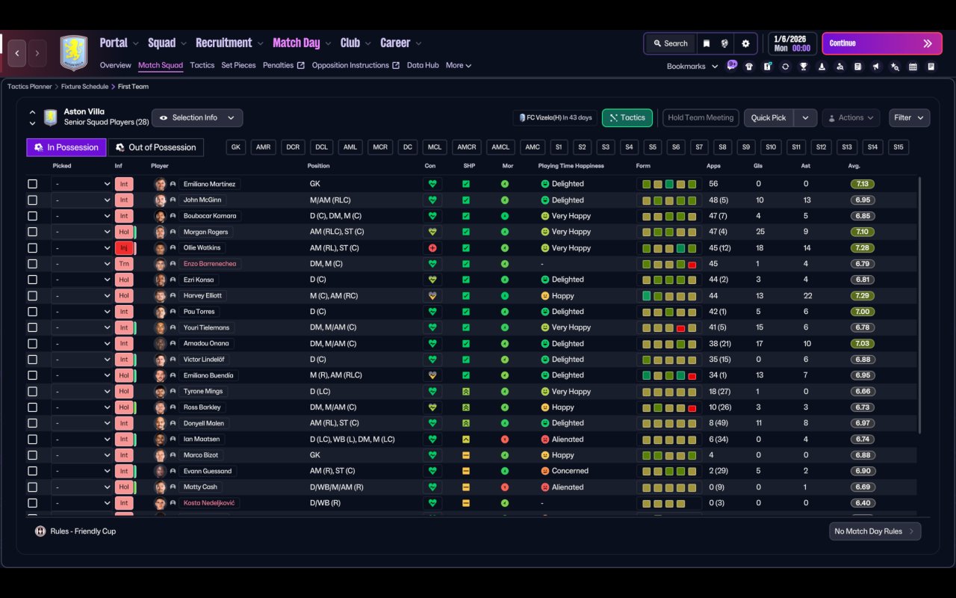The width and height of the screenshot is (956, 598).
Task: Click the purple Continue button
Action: point(882,43)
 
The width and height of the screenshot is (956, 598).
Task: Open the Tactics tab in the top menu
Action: point(202,65)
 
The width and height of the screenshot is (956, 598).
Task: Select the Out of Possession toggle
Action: point(156,147)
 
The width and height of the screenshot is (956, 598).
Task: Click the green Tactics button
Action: point(627,118)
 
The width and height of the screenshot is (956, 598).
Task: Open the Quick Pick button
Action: point(769,118)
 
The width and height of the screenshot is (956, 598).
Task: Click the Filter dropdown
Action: point(909,118)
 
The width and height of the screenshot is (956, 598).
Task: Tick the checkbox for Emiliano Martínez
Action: point(32,184)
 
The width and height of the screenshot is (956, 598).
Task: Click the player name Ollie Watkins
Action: point(202,247)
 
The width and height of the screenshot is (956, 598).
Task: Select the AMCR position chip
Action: point(467,147)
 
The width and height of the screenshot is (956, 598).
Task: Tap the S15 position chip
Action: point(898,147)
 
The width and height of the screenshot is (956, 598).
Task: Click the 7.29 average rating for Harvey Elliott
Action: point(862,295)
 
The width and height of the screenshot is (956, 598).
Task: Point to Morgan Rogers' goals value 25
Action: point(760,232)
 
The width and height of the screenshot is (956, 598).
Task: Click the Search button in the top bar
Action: point(671,43)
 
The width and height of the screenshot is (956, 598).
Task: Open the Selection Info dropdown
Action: point(197,118)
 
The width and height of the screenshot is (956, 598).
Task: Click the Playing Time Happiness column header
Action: point(571,166)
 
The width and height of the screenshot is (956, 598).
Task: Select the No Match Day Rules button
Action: point(875,531)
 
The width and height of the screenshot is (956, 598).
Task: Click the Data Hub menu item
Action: point(423,65)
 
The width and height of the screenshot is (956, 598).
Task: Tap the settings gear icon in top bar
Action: point(745,43)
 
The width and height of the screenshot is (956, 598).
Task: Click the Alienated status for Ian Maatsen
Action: point(567,439)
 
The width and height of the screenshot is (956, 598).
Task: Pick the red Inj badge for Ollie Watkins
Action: point(124,247)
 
